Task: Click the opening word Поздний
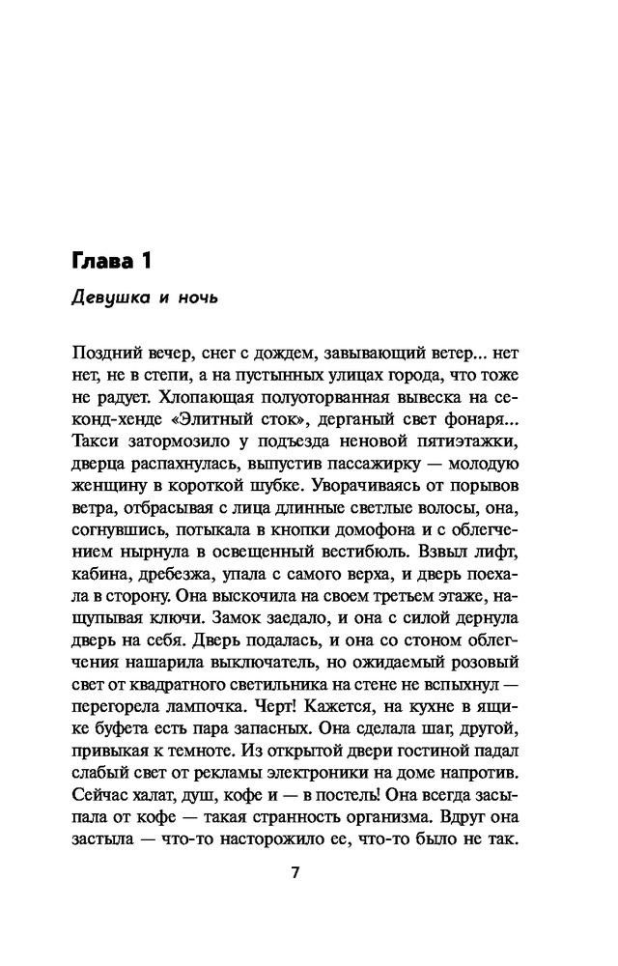(x=105, y=353)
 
